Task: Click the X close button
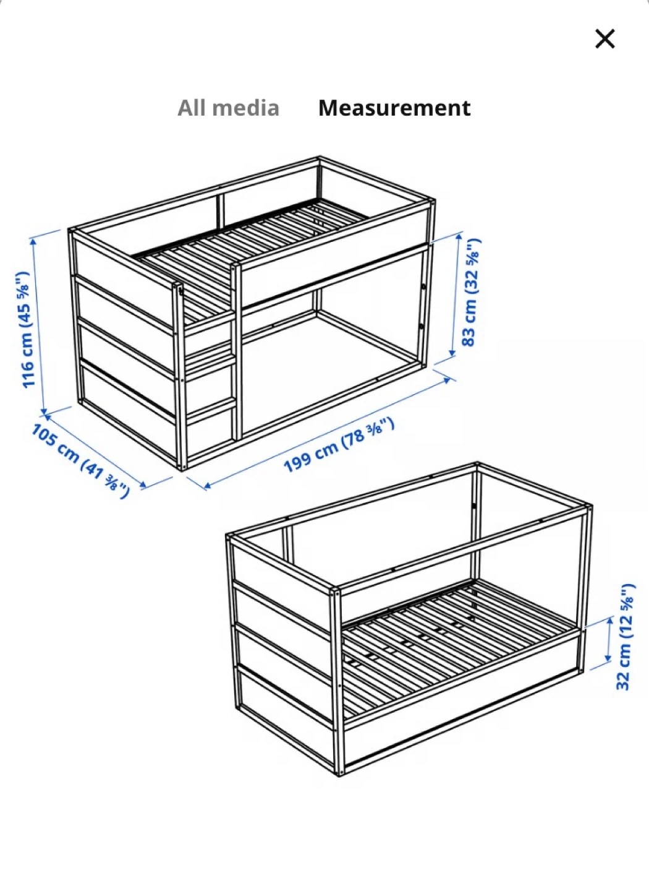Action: click(x=605, y=39)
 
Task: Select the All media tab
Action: click(x=228, y=108)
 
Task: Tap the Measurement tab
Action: click(x=394, y=108)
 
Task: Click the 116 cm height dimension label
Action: click(x=27, y=329)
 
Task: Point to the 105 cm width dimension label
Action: click(x=80, y=462)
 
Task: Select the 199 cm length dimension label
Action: click(x=339, y=445)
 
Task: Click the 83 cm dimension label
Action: click(x=471, y=292)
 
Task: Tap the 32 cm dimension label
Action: click(x=625, y=637)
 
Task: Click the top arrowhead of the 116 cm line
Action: click(x=33, y=240)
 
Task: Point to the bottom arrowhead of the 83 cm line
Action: click(x=452, y=353)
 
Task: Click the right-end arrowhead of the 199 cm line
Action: click(x=447, y=380)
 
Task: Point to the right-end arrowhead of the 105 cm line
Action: click(x=143, y=484)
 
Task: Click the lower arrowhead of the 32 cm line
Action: click(x=608, y=659)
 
